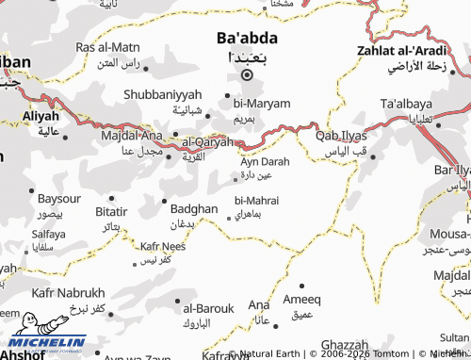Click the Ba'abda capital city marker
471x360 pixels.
point(247,75)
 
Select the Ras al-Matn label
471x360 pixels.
point(107,47)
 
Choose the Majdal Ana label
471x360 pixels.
point(126,138)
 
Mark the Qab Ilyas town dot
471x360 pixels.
point(373,156)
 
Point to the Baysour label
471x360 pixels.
point(59,200)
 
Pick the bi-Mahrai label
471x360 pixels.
point(256,200)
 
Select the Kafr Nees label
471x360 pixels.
point(162,246)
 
